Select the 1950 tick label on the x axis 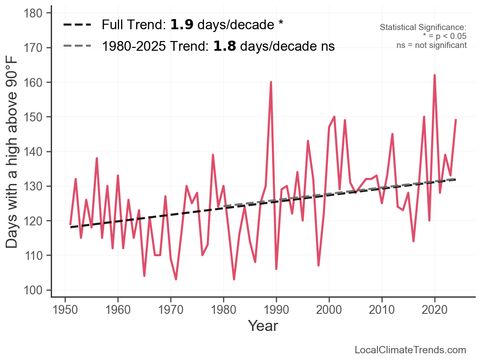click(65, 310)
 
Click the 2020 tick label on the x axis click(435, 310)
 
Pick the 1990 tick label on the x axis click(276, 310)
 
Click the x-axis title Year click(263, 326)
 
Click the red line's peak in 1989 click(271, 82)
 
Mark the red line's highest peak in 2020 click(435, 75)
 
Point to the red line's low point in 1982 click(234, 279)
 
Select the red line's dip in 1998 click(318, 265)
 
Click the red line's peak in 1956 click(97, 158)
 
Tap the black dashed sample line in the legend click(77, 24)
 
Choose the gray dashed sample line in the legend click(77, 46)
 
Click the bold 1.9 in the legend click(182, 24)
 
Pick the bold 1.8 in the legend click(225, 46)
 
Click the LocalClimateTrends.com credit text click(410, 350)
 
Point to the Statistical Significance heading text click(423, 27)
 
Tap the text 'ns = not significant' click(431, 45)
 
